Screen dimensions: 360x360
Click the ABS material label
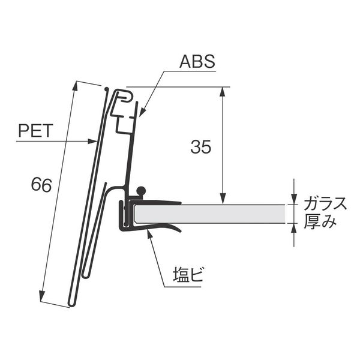coord(197,61)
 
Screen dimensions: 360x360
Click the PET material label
coord(35,130)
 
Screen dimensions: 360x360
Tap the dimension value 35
coord(200,147)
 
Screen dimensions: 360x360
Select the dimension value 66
coord(41,185)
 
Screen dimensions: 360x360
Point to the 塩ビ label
coord(188,274)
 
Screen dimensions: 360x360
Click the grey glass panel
coord(210,214)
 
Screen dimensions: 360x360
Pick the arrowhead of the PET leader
coord(92,141)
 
